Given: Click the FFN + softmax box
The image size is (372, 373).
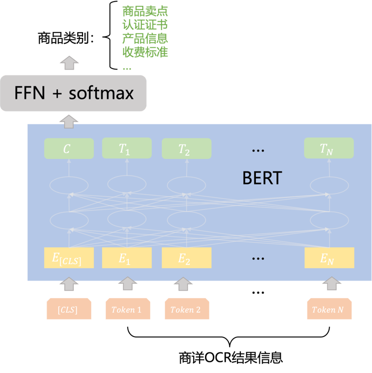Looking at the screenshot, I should click(x=73, y=93).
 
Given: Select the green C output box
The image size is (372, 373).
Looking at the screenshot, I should click(x=68, y=149).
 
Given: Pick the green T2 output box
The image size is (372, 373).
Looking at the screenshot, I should click(x=186, y=149).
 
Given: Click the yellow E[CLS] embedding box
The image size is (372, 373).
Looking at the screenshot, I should click(x=67, y=258).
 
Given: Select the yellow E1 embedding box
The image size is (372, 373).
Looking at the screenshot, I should click(x=125, y=258).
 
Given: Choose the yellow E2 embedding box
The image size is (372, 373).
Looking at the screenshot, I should click(x=186, y=258).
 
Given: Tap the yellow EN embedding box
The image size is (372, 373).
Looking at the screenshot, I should click(x=329, y=258).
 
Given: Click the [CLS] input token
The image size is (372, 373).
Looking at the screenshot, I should click(x=68, y=309).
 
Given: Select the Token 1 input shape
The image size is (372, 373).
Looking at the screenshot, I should click(x=127, y=309).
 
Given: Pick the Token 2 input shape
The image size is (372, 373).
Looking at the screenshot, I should click(x=186, y=309).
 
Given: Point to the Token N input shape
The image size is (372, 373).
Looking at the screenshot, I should click(x=329, y=309).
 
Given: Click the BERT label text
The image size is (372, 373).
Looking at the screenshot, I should click(x=262, y=178).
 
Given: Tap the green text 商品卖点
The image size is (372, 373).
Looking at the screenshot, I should click(x=145, y=11).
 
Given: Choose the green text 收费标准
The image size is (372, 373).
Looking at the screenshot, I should click(x=145, y=52).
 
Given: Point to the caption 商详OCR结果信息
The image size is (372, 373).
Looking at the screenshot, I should click(x=231, y=359).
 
